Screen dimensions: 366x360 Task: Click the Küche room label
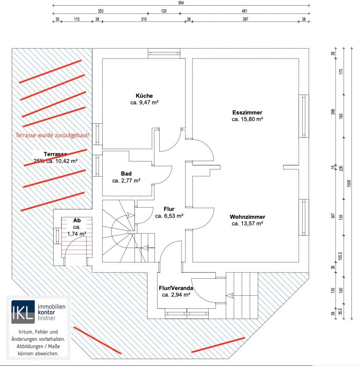pyautogui.click(x=144, y=96)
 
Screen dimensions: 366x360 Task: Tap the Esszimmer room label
pyautogui.click(x=247, y=113)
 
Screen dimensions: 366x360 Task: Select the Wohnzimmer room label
pyautogui.click(x=247, y=217)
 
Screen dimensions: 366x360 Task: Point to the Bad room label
pyautogui.click(x=126, y=174)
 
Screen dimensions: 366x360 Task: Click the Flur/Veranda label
pyautogui.click(x=176, y=288)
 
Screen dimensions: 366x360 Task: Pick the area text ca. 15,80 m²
pyautogui.click(x=247, y=120)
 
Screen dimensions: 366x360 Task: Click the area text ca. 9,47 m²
pyautogui.click(x=144, y=103)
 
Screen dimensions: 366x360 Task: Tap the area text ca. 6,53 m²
pyautogui.click(x=169, y=216)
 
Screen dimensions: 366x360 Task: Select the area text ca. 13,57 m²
pyautogui.click(x=247, y=223)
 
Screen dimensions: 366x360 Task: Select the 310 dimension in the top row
pyautogui.click(x=144, y=19)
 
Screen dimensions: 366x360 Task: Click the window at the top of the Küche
pyautogui.click(x=164, y=53)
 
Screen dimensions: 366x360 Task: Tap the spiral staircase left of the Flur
pyautogui.click(x=119, y=231)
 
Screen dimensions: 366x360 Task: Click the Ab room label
pyautogui.click(x=77, y=220)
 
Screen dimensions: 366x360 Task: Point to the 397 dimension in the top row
pyautogui.click(x=245, y=19)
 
